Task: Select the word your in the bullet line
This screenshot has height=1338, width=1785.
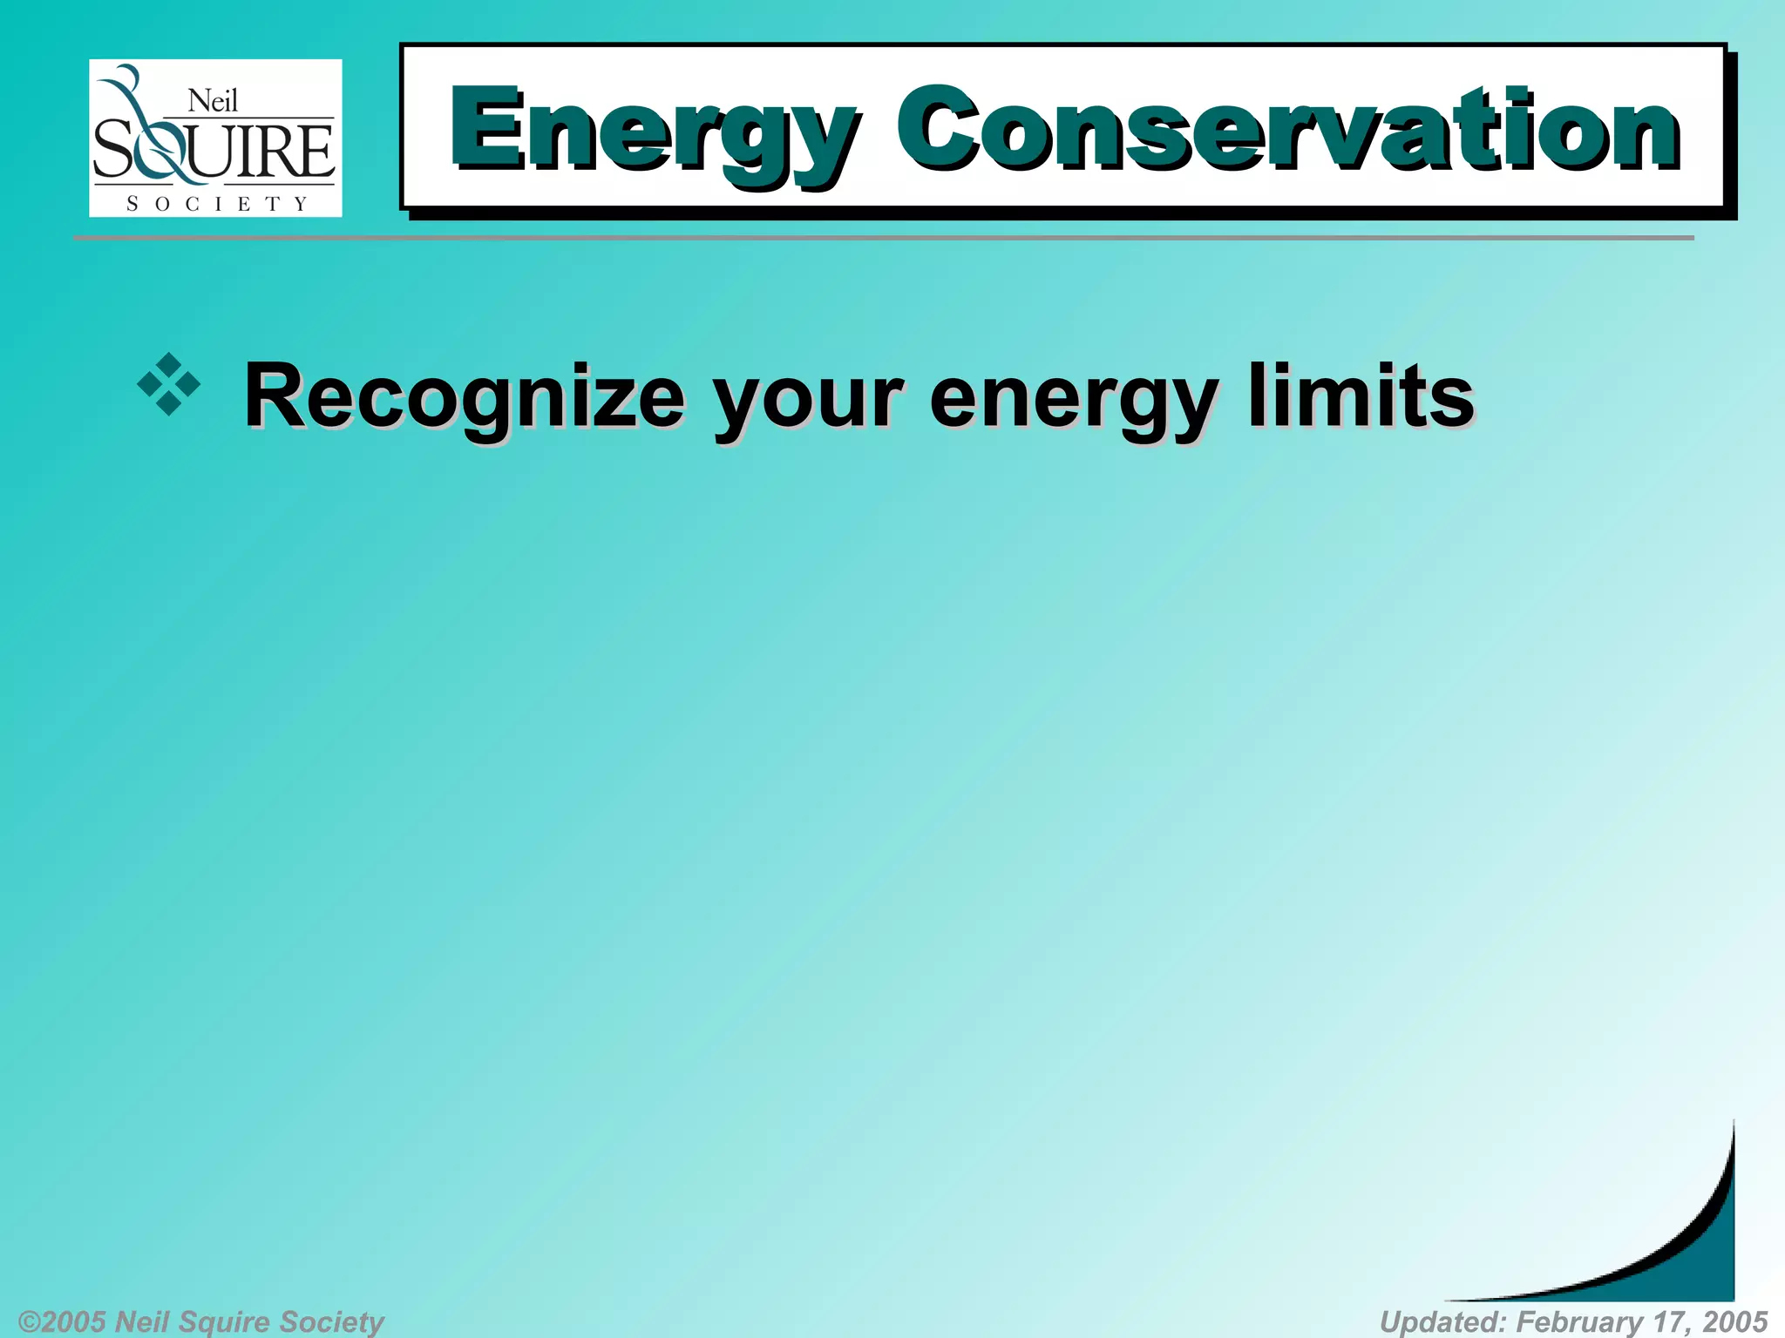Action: [x=806, y=401]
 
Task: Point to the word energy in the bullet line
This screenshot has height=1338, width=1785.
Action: [x=1073, y=401]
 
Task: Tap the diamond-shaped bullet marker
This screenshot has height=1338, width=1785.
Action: [x=169, y=384]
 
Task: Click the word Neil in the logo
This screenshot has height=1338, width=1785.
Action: [x=213, y=102]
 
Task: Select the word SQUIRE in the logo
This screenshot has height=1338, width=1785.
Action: [x=214, y=152]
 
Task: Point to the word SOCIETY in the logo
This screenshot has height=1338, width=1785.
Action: [x=217, y=204]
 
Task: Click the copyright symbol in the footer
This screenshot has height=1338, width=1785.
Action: [x=28, y=1321]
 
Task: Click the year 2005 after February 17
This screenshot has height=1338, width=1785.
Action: [x=1734, y=1321]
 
